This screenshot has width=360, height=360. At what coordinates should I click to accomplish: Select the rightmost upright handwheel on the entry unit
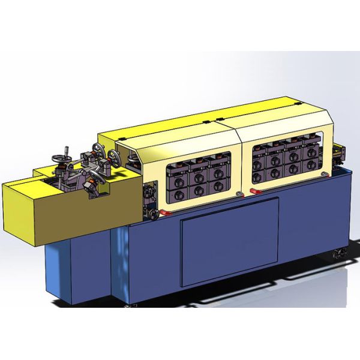point(114,158)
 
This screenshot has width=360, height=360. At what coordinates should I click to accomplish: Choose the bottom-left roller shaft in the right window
point(259,176)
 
